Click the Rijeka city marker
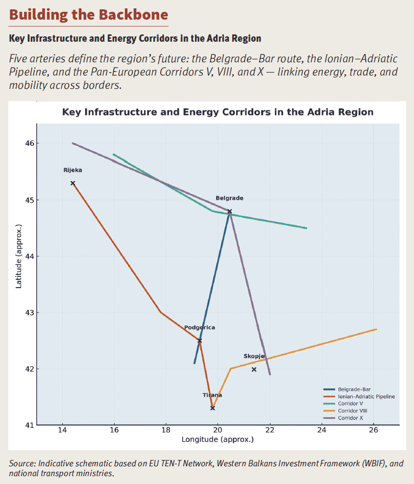click(x=73, y=183)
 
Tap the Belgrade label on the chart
click(x=229, y=198)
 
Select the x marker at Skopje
click(x=254, y=369)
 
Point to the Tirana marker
click(x=213, y=408)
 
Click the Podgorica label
click(x=199, y=327)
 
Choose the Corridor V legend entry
click(x=351, y=403)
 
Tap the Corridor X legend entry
click(x=351, y=417)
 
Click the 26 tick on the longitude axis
click(x=373, y=431)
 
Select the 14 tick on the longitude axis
click(x=62, y=431)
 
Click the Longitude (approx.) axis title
click(x=218, y=440)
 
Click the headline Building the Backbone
click(x=88, y=14)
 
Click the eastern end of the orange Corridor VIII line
click(x=376, y=329)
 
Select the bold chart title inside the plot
click(x=218, y=112)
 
